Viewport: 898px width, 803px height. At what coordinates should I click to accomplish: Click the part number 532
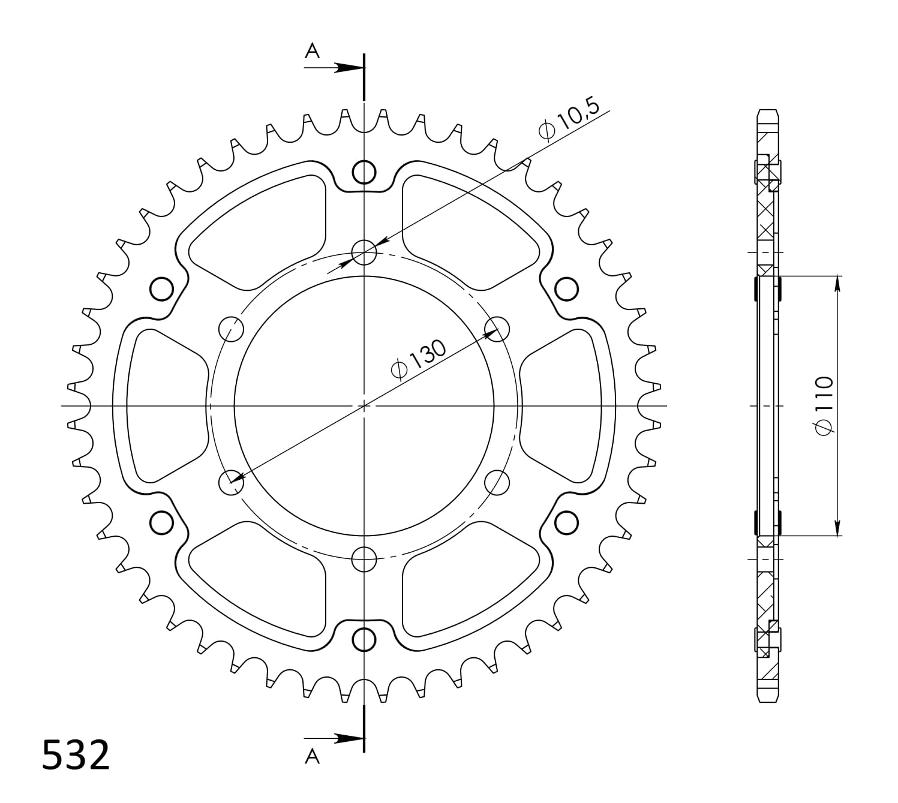click(76, 755)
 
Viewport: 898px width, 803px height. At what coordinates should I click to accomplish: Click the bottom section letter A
click(313, 757)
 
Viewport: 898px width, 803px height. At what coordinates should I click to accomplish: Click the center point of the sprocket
click(364, 406)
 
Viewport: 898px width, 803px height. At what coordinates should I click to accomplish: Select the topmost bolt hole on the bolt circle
click(364, 252)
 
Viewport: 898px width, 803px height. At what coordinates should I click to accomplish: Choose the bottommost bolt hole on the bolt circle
click(364, 560)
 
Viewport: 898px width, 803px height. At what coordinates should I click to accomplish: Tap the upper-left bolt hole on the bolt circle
click(232, 329)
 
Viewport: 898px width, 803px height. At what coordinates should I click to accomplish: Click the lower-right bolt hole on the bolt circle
click(497, 482)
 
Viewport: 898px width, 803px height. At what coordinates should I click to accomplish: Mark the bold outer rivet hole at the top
click(364, 172)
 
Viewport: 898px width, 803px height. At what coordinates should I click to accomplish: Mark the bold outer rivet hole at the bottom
click(364, 640)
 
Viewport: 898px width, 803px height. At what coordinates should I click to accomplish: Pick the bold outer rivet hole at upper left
click(161, 289)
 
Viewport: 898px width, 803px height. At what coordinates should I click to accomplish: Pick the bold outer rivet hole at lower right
click(566, 522)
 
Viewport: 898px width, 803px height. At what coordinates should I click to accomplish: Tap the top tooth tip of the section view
click(768, 112)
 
